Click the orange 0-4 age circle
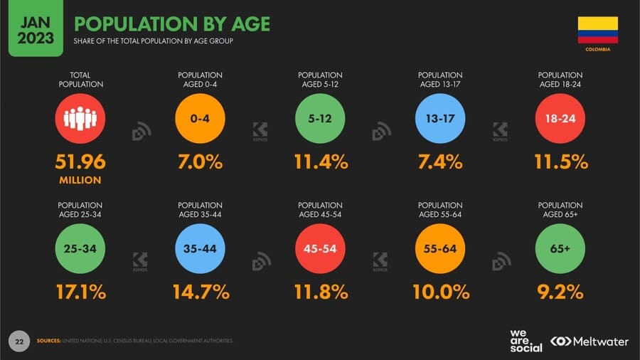coord(201,119)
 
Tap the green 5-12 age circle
coord(320,119)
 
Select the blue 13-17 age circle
coord(440,119)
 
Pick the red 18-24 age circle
coord(560,119)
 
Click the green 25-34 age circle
coord(80,249)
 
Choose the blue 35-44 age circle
coord(201,249)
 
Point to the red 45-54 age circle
coord(320,249)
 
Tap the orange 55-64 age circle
coord(440,249)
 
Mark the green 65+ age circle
coord(560,249)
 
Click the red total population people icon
coord(80,119)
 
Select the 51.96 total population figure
coord(80,162)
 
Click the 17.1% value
coord(80,292)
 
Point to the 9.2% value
coord(560,292)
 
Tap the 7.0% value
coord(201,162)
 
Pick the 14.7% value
coord(201,292)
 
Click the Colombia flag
coord(597,31)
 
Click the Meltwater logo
coord(590,342)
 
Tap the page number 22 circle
coord(19,342)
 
